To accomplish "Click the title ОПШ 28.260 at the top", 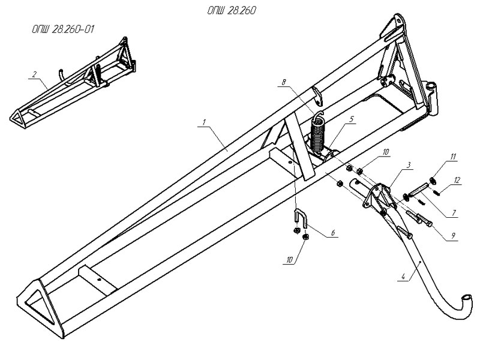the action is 232,11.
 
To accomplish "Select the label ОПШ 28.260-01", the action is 63,29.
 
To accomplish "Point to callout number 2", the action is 34,74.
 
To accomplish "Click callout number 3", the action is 408,165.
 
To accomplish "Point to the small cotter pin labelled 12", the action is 438,193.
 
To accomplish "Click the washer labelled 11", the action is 433,181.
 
